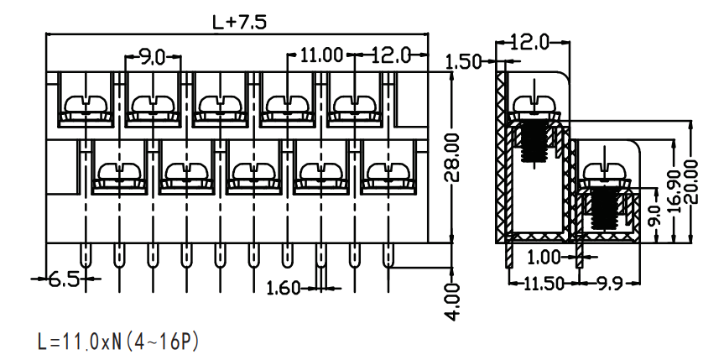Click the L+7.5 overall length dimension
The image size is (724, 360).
point(239,22)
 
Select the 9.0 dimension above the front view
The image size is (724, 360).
point(152,58)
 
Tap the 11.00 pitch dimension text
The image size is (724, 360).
point(322,55)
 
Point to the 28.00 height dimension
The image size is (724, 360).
point(453,158)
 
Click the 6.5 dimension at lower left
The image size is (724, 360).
point(65,279)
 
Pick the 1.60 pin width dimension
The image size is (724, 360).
point(284,289)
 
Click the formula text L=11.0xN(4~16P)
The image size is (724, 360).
point(118,342)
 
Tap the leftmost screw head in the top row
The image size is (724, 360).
point(86,104)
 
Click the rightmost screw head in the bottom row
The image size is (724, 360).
point(388,172)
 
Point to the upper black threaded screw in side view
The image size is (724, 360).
point(534,141)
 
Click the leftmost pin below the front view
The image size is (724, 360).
point(86,256)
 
